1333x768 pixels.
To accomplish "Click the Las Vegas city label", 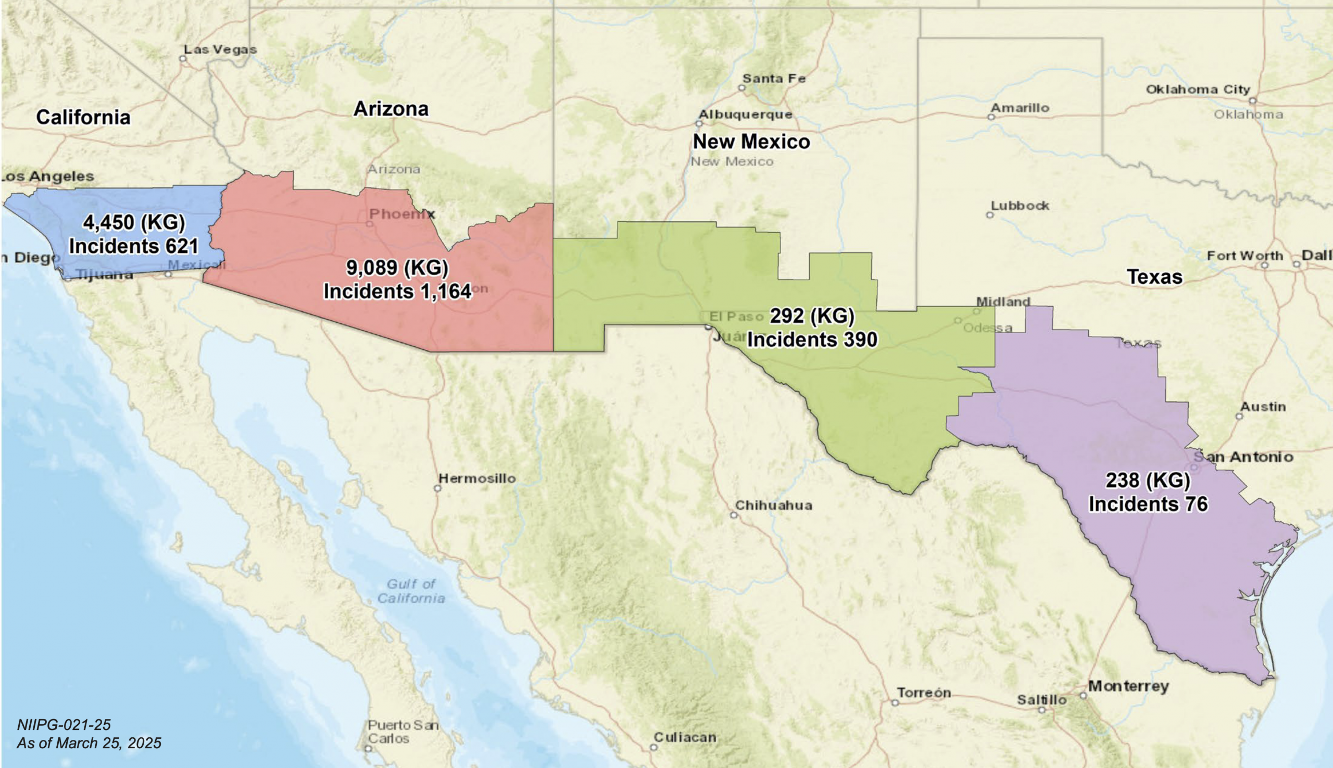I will tap(220, 49).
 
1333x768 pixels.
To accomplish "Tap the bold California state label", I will tap(83, 117).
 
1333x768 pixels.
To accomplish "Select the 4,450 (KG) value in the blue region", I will tap(134, 222).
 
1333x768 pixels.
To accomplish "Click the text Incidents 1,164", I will tap(397, 291).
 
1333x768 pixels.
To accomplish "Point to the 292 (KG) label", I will tap(812, 316).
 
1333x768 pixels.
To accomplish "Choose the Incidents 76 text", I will tap(1148, 503).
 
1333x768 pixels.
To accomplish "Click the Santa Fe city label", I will tap(774, 79).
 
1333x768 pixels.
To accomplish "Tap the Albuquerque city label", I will tap(745, 115).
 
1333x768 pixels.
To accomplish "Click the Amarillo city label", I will tap(1020, 108).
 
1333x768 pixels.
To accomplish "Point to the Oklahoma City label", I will tap(1198, 90).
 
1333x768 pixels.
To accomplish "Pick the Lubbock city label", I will tap(1020, 206).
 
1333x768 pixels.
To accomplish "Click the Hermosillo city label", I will tap(477, 479).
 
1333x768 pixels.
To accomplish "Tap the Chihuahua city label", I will tap(773, 506).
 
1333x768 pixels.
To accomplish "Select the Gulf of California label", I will tap(411, 591).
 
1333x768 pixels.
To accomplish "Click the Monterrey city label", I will tap(1128, 686).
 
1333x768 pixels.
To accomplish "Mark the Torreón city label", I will tap(924, 693).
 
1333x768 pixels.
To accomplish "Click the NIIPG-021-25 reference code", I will tap(64, 725).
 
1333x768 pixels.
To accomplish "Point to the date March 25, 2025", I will tap(108, 743).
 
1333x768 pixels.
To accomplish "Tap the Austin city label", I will tap(1262, 407).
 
